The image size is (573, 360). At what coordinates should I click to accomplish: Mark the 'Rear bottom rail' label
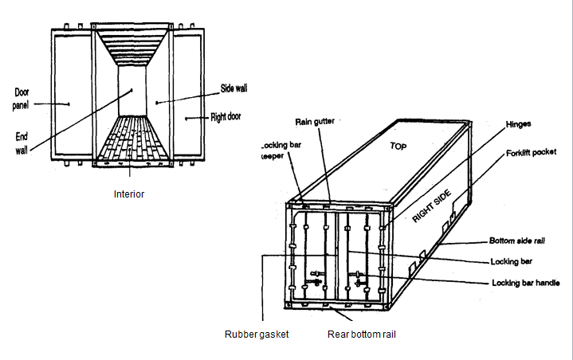pos(361,335)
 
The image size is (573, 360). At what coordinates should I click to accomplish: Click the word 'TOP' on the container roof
pos(398,147)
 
